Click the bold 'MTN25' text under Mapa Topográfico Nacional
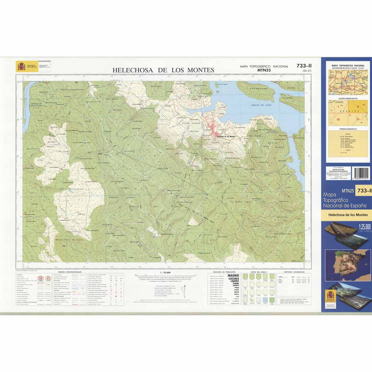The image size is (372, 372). (x=264, y=70)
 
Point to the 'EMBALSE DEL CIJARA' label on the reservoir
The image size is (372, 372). (x=261, y=105)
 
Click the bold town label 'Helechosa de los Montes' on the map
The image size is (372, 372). (x=226, y=136)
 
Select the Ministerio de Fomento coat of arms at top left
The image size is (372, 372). (x=21, y=66)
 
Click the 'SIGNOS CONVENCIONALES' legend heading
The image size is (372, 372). (x=67, y=272)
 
